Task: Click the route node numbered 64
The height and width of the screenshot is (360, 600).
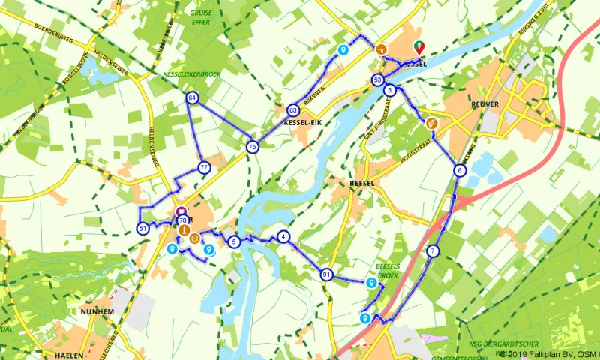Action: (x=193, y=98)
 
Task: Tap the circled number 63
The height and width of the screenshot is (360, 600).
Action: (x=293, y=110)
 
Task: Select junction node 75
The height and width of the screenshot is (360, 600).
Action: (x=252, y=147)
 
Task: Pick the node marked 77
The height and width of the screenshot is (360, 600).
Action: (x=203, y=167)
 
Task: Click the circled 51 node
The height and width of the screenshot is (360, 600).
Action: (x=143, y=228)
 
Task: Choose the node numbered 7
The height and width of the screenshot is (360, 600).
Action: (x=433, y=250)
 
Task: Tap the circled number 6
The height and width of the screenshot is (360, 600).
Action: (x=459, y=170)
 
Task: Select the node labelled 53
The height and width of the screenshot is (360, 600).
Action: (x=378, y=80)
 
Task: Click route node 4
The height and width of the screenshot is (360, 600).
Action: (x=283, y=237)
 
